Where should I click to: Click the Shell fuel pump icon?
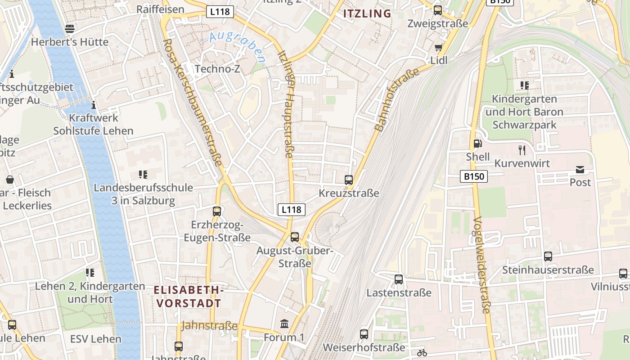(x=477, y=144)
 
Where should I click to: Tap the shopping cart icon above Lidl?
(x=438, y=47)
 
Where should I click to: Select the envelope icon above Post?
(x=580, y=170)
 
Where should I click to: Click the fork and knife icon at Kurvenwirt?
(x=522, y=150)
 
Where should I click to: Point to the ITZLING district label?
(x=367, y=13)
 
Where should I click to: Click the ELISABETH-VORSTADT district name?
(x=189, y=296)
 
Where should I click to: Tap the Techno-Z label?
(x=217, y=69)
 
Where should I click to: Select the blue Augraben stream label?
(x=237, y=46)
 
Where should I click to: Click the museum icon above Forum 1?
(x=284, y=324)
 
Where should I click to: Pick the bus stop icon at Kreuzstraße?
(x=349, y=180)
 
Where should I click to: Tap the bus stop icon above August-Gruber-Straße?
(x=295, y=237)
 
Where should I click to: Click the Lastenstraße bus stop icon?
(x=399, y=279)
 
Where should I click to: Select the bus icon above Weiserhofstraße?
(x=364, y=334)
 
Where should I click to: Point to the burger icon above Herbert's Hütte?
(x=70, y=29)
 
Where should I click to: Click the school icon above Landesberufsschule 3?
(x=143, y=175)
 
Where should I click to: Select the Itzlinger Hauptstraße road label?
(x=286, y=103)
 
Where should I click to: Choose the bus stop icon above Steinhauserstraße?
(x=548, y=256)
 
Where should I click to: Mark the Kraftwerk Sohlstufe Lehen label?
(x=93, y=124)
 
